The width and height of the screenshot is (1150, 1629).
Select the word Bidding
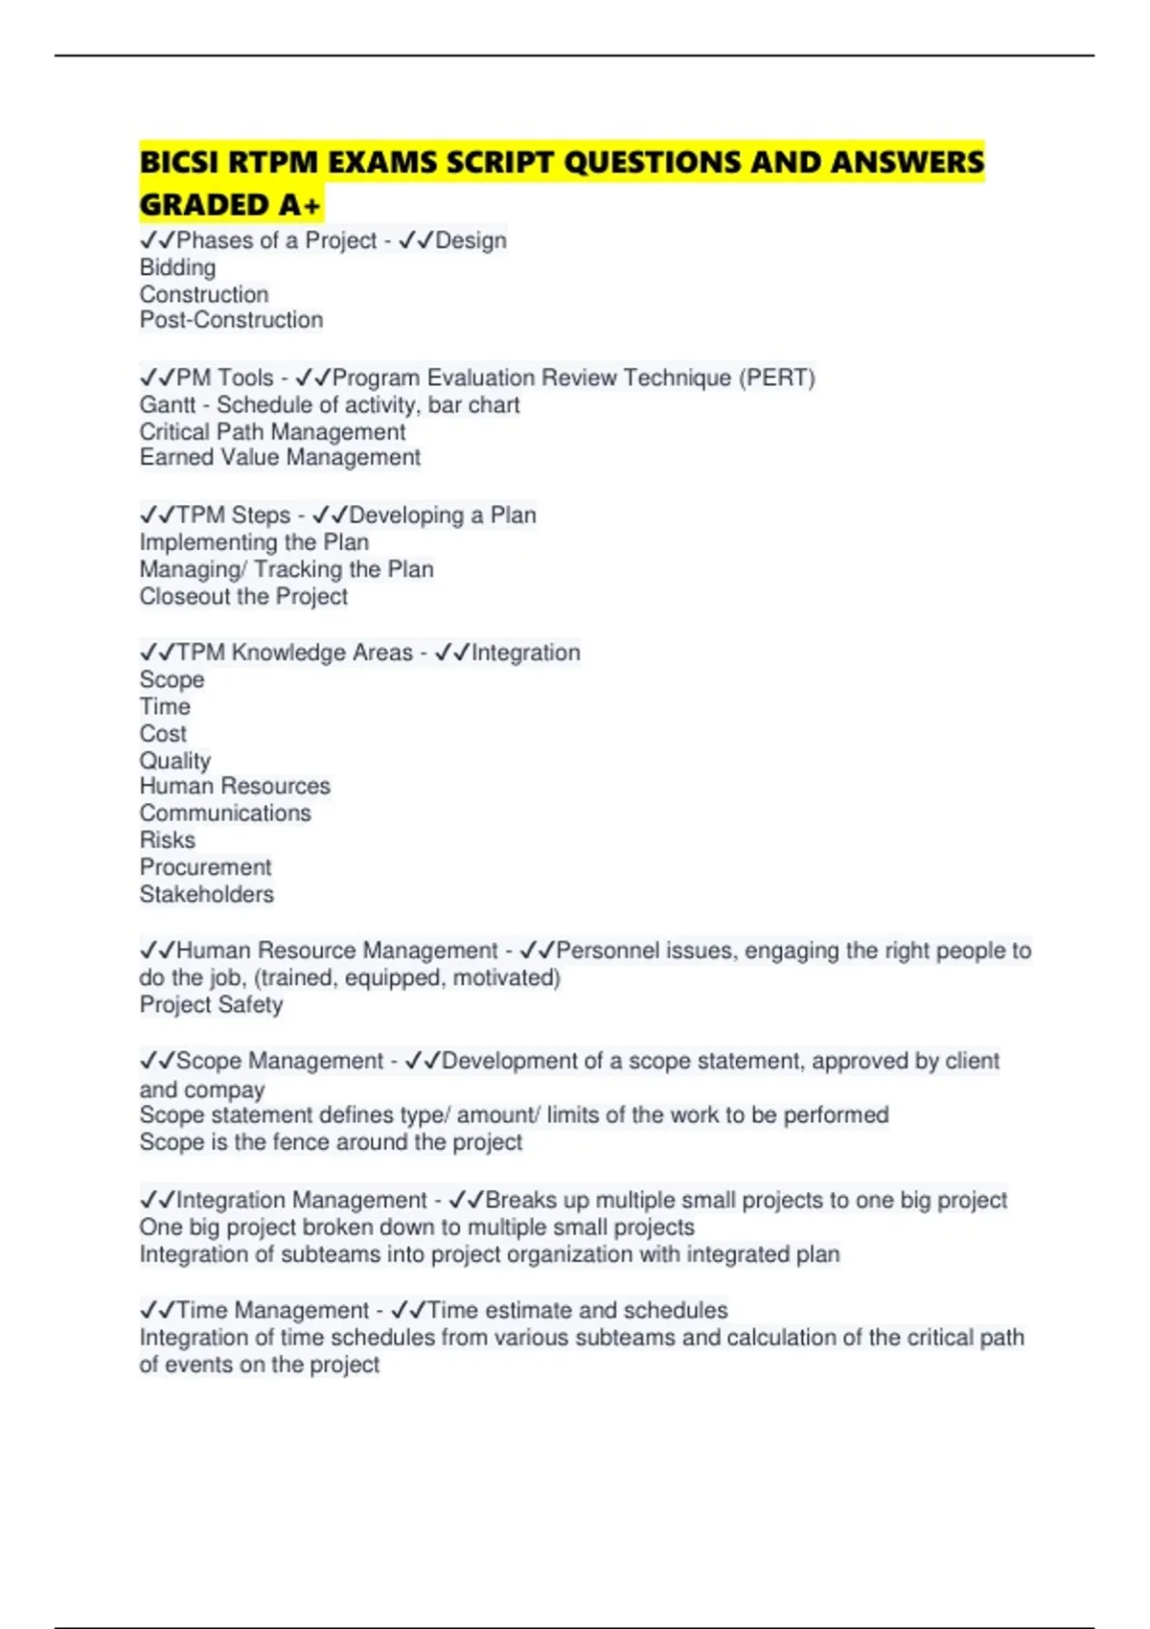177,267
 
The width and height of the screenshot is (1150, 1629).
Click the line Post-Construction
231,320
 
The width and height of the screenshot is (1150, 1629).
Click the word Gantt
167,405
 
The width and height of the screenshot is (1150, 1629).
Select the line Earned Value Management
280,458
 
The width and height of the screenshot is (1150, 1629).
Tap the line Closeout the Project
243,596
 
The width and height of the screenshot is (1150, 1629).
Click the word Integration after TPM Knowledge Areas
525,653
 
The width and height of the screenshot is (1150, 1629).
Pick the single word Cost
163,734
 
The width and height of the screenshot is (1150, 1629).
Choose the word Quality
174,761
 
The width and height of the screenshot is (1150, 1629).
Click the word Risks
167,840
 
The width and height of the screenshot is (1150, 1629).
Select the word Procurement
205,867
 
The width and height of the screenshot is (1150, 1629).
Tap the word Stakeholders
206,895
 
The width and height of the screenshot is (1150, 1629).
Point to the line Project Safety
211,1005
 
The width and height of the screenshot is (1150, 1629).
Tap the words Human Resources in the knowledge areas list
235,787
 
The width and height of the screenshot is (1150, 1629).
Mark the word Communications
225,814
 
